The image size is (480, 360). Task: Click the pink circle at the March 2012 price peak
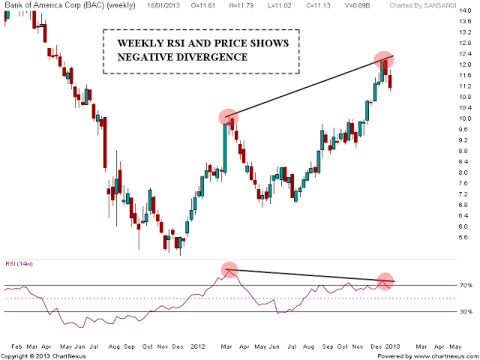pos(229,117)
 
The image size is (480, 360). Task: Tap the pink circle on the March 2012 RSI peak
pos(229,270)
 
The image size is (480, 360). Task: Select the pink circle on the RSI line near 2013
pos(385,281)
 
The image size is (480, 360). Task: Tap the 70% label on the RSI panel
pos(465,286)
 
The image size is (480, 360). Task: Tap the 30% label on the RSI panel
pos(465,311)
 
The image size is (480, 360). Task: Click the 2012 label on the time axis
pos(197,347)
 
